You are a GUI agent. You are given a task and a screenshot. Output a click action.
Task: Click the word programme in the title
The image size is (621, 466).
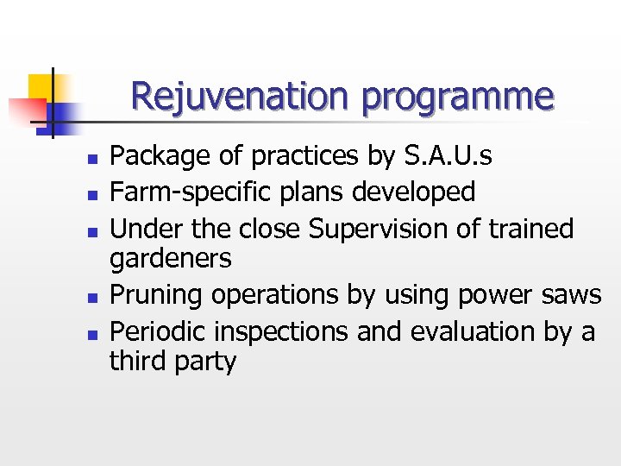click(x=457, y=98)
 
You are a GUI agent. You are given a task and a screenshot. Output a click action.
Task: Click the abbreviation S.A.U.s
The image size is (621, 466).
click(x=448, y=156)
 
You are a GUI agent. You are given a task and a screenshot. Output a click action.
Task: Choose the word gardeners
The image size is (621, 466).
click(x=171, y=259)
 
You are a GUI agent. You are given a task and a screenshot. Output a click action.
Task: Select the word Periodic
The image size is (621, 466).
click(x=160, y=331)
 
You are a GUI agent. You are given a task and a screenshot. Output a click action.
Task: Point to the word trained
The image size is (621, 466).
click(x=530, y=229)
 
